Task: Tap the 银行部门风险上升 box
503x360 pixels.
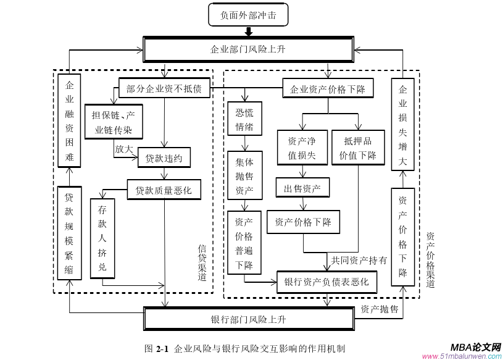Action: click(x=248, y=319)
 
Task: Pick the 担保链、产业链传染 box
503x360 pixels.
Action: click(x=114, y=122)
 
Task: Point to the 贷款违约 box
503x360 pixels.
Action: click(x=164, y=158)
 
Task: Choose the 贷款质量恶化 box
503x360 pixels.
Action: click(x=164, y=190)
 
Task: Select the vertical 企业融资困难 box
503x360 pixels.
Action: click(x=69, y=122)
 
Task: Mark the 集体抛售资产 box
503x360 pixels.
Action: click(x=244, y=176)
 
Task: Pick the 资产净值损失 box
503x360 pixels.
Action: click(x=302, y=148)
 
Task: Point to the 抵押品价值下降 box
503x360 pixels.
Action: click(x=357, y=148)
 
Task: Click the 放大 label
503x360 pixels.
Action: click(x=123, y=149)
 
